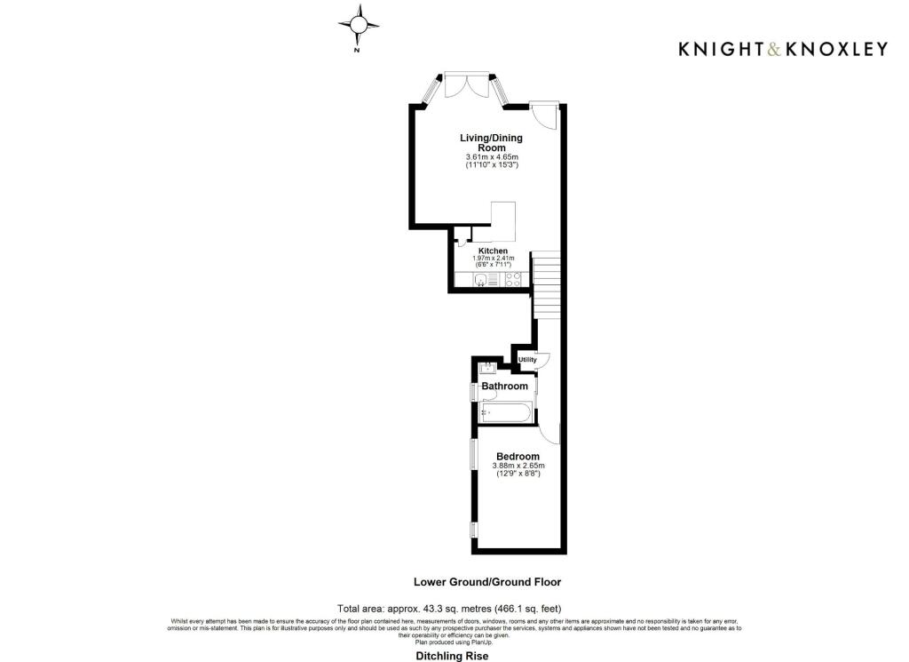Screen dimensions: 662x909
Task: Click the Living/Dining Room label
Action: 491,142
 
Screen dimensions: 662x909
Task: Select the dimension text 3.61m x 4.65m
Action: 491,157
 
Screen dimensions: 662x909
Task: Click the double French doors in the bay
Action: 466,86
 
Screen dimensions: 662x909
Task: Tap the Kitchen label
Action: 493,251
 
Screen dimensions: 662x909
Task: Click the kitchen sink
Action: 481,281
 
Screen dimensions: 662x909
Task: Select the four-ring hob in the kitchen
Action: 513,281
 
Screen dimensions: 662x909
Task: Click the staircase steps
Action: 548,286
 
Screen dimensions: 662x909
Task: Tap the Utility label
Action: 528,359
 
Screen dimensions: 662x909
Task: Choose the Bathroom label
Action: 504,387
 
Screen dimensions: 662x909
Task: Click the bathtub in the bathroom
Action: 506,413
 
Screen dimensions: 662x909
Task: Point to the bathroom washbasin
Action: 486,368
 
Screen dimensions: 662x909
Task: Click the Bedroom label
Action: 518,457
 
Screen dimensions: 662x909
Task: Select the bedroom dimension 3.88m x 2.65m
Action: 518,466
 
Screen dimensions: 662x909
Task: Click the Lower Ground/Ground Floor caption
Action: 487,582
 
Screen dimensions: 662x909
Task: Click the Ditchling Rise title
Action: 452,656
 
